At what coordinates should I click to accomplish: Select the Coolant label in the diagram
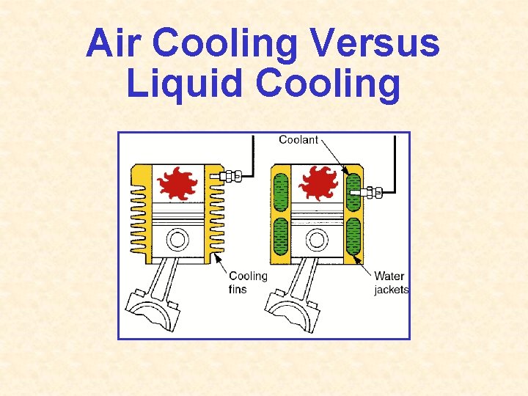point(298,139)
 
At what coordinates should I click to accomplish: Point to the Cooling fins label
point(248,282)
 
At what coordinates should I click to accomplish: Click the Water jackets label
point(391,282)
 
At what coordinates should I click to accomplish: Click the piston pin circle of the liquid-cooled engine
point(317,240)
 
